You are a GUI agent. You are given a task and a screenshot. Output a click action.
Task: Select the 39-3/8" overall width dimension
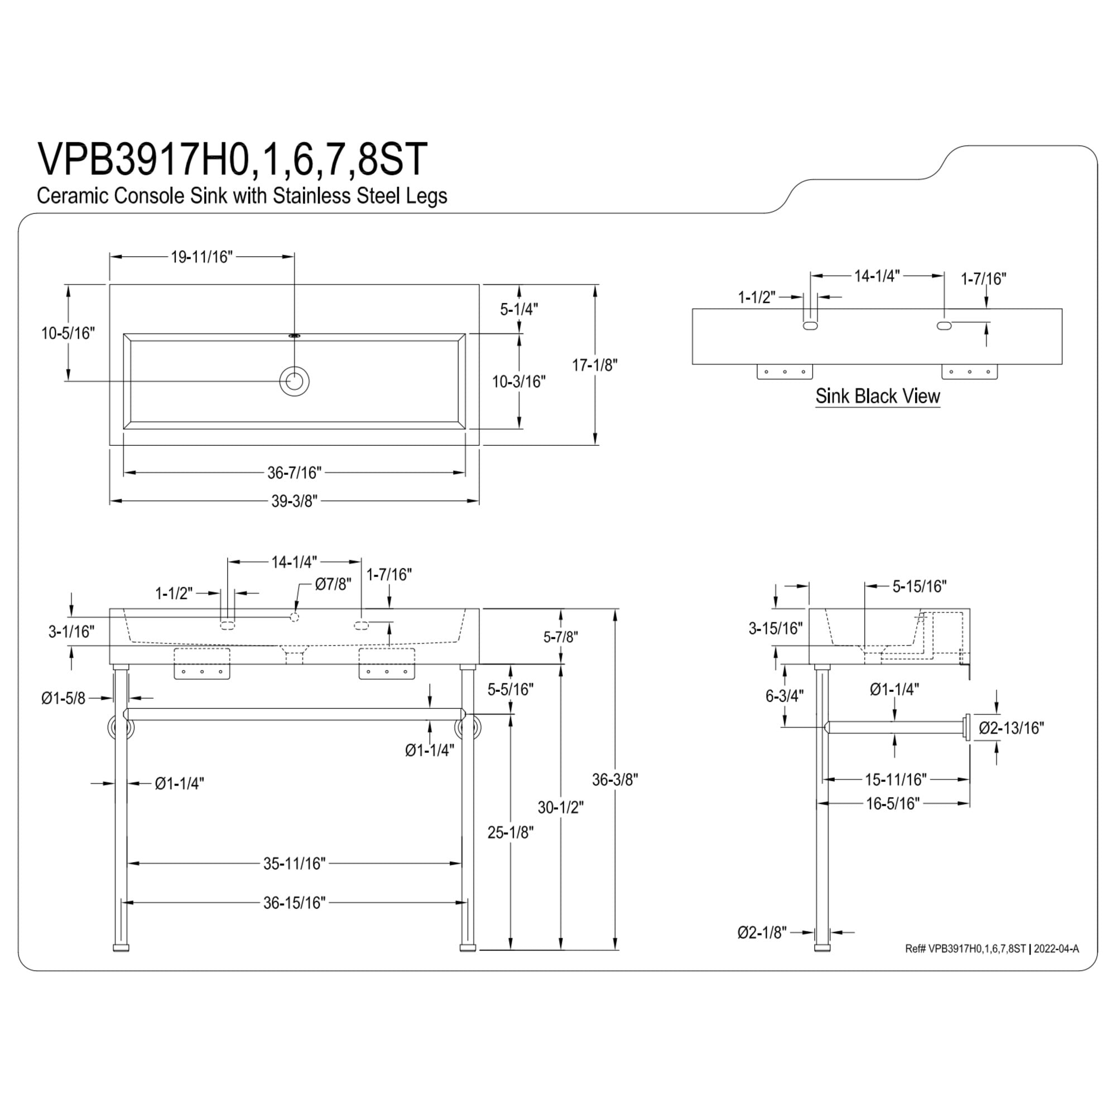click(295, 501)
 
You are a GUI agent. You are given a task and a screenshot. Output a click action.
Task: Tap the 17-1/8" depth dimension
click(595, 365)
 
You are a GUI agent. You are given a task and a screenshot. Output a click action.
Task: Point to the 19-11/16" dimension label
click(201, 257)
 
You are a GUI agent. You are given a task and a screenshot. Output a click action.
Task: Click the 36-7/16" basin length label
click(294, 473)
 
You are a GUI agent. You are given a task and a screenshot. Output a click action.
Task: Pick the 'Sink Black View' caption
click(877, 396)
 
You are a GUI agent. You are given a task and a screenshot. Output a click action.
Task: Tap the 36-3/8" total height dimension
click(615, 780)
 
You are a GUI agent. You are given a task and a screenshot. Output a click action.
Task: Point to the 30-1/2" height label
click(561, 807)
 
